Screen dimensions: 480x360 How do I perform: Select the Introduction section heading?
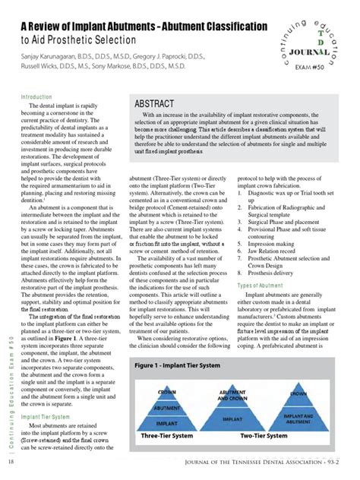click(x=36, y=97)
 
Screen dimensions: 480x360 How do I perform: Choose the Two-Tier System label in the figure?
click(x=264, y=436)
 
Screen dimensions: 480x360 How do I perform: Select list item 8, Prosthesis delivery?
click(x=270, y=272)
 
